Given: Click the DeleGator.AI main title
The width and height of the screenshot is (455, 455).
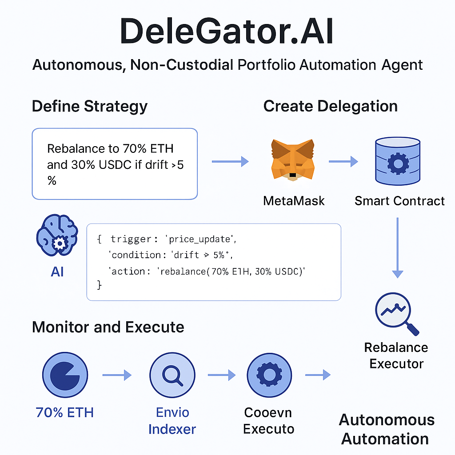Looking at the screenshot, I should tap(227, 32).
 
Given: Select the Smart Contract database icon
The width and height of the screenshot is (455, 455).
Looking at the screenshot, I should tap(398, 161).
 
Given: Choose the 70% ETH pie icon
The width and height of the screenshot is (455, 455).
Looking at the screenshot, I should tap(65, 376).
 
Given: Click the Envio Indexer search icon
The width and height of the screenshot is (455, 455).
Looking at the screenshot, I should tap(172, 376).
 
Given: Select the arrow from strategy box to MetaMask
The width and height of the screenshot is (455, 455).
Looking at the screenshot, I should tap(230, 162).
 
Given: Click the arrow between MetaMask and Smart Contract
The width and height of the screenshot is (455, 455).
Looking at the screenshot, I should tap(343, 162).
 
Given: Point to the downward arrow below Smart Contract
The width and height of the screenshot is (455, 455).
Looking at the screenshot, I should tap(397, 247).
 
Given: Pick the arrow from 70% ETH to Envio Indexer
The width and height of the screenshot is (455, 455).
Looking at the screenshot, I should tap(117, 376).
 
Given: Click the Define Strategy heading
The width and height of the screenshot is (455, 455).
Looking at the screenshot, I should tap(90, 107).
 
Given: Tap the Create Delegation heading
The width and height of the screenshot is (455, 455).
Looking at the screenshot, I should tap(330, 107).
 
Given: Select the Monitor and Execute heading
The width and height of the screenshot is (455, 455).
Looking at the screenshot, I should tap(108, 327).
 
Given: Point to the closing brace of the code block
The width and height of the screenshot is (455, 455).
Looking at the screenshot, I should tap(99, 285).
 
